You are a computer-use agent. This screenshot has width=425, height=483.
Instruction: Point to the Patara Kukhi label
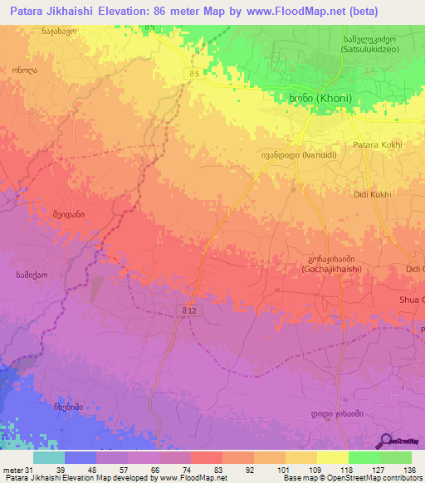click(378, 145)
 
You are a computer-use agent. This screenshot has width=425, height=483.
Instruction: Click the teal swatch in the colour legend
click(49, 457)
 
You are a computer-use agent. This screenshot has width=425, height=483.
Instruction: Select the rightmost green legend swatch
click(396, 457)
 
